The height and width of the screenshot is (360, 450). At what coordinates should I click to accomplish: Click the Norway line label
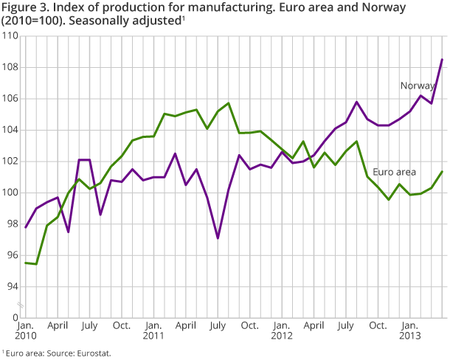(x=417, y=86)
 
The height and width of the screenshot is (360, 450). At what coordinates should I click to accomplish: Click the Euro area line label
(x=394, y=172)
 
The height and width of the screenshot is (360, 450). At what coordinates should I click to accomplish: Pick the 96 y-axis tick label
(x=13, y=255)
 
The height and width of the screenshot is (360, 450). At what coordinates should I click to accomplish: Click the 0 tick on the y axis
(x=15, y=317)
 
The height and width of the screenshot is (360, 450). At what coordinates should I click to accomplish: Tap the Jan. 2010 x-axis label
(x=25, y=330)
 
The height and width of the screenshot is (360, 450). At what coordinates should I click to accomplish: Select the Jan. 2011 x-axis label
(x=153, y=330)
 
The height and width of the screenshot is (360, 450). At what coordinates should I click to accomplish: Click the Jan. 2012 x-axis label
(x=282, y=330)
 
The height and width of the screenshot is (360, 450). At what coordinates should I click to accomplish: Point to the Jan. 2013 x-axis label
(x=410, y=330)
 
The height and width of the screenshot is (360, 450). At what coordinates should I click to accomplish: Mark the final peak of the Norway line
(x=442, y=60)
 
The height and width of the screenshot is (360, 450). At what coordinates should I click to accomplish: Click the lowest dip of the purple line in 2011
(x=218, y=238)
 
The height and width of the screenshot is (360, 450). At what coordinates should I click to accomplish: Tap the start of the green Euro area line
(x=25, y=263)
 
